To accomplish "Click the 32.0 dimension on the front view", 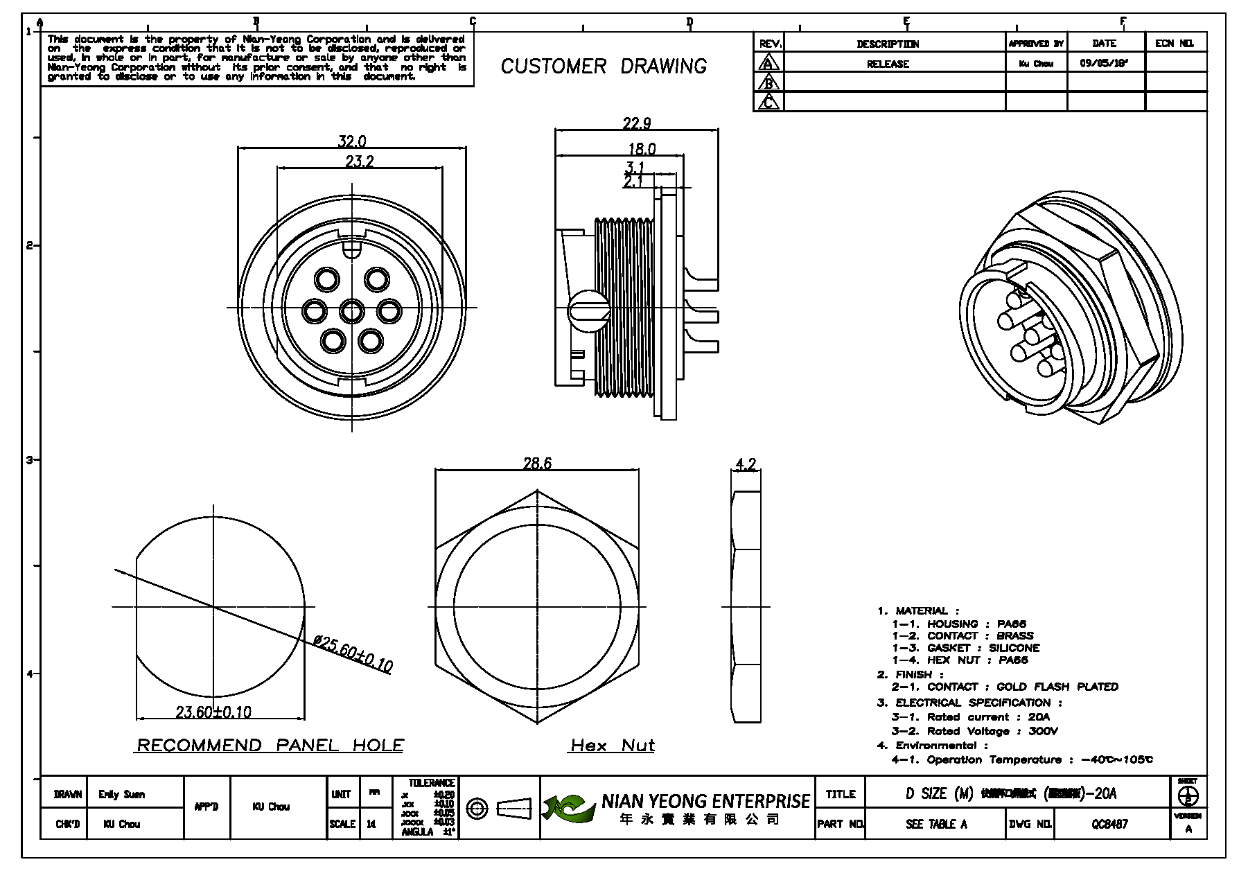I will point(351,141).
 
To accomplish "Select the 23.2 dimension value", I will point(360,161).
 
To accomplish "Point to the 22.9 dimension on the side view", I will point(636,123).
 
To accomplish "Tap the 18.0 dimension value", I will point(642,148).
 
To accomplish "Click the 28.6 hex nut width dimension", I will point(537,464).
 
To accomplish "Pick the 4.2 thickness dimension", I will point(745,464).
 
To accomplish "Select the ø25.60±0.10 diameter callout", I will point(353,652).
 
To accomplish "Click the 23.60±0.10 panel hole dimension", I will point(213,712).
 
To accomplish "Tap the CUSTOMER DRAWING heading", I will point(604,67).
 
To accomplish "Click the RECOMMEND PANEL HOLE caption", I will point(270,746).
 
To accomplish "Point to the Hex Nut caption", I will point(613,746).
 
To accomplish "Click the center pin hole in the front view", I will point(352,310).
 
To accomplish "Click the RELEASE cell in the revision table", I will point(888,64).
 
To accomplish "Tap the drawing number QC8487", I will point(1109,824).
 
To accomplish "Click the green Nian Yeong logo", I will point(569,808).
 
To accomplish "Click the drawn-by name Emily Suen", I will point(122,794).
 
